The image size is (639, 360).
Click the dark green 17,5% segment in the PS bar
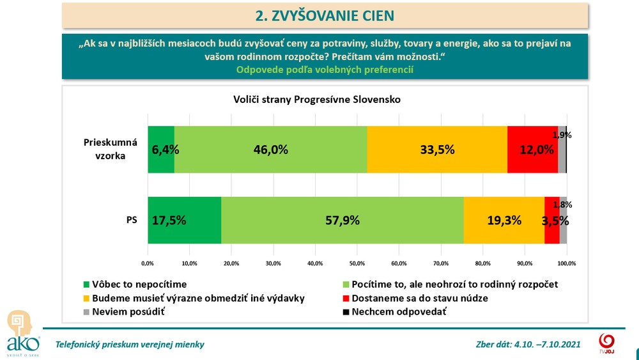[185, 220]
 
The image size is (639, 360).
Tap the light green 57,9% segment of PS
[343, 220]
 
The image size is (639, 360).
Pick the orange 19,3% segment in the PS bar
[504, 220]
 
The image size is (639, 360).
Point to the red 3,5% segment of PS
[552, 220]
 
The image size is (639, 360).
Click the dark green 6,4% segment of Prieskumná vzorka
[161, 150]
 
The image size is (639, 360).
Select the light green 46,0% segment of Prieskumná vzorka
[271, 150]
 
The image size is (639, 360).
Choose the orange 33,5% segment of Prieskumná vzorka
[437, 150]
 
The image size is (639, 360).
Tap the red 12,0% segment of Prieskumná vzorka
[532, 150]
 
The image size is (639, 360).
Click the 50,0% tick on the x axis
[357, 263]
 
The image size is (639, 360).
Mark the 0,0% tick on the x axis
[148, 263]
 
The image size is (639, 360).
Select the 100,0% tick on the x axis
[567, 263]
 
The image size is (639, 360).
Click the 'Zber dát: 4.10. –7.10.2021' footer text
[528, 345]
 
